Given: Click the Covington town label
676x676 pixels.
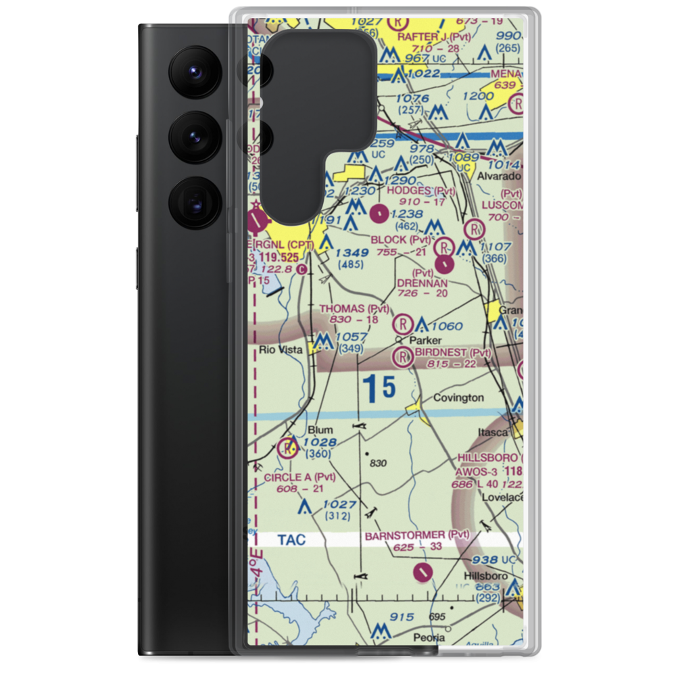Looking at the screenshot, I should (458, 397).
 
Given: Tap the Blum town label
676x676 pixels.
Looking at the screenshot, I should (320, 430).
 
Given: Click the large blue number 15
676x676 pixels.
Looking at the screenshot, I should (378, 387).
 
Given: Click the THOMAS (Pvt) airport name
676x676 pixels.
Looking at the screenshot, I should (354, 309).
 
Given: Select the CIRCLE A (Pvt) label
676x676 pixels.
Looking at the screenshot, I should (299, 477).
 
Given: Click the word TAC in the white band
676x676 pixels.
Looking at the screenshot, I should (291, 539).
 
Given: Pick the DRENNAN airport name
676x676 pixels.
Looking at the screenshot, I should (422, 282).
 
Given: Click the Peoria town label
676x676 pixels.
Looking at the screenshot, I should (430, 637).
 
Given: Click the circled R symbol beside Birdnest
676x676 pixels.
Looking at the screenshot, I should (404, 356).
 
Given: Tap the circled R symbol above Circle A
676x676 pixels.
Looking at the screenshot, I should (289, 448).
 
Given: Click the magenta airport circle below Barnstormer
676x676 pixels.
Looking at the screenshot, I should (422, 573).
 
